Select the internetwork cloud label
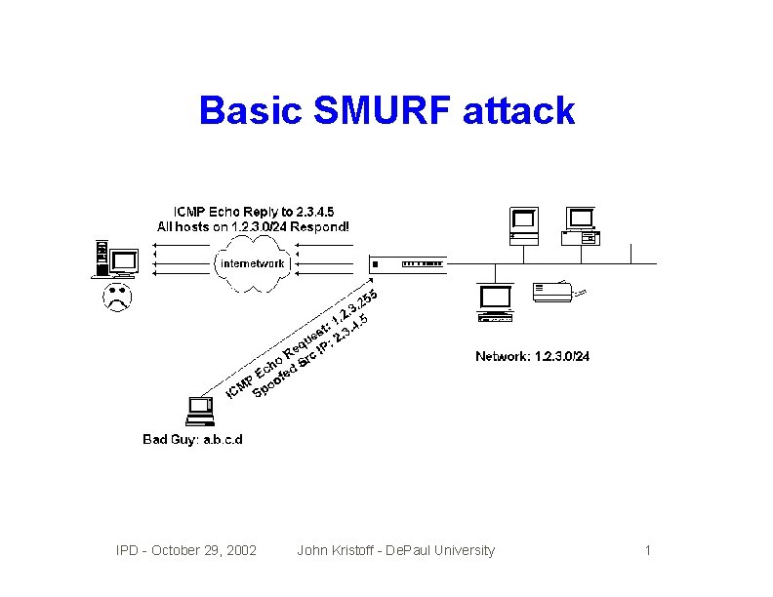(x=253, y=263)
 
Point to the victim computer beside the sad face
(x=115, y=259)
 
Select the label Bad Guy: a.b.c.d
(x=192, y=439)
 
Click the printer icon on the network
(x=559, y=290)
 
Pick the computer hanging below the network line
(x=495, y=303)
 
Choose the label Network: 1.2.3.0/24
(x=532, y=356)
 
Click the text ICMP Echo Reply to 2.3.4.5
(x=253, y=212)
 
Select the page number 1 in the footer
(x=647, y=551)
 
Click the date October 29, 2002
(x=199, y=551)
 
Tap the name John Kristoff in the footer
(x=338, y=551)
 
